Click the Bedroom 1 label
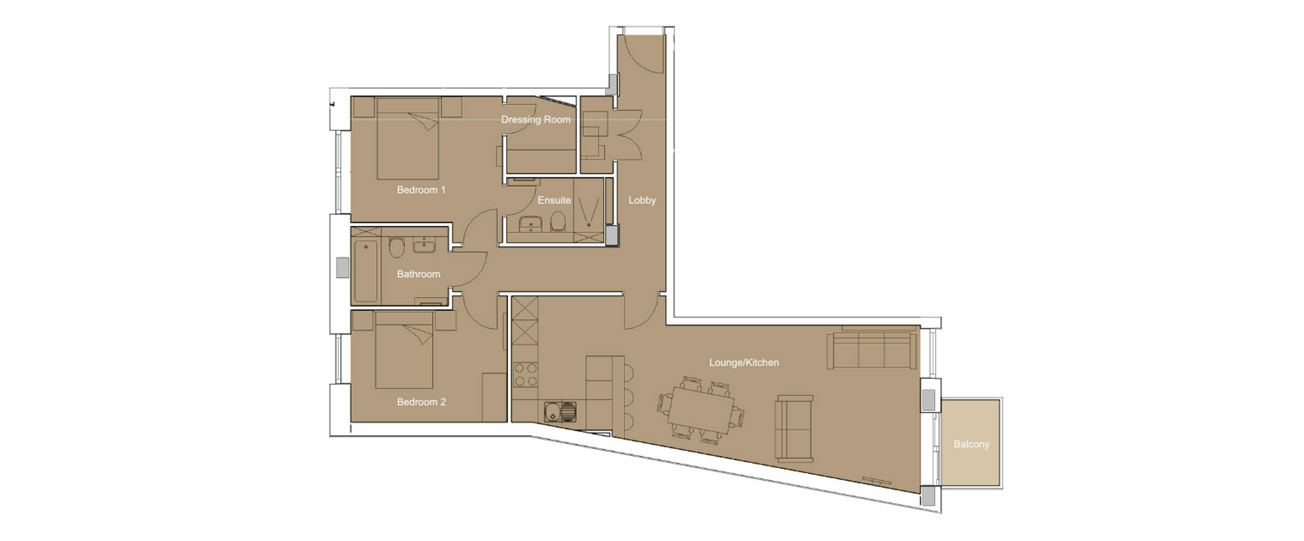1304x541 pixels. pyautogui.click(x=421, y=190)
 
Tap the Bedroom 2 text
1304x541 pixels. pyautogui.click(x=421, y=402)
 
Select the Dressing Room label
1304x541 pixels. pyautogui.click(x=536, y=120)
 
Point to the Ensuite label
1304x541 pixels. pyautogui.click(x=554, y=200)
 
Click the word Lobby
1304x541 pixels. pyautogui.click(x=642, y=200)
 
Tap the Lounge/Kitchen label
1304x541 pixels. pyautogui.click(x=744, y=363)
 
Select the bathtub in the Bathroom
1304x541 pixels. pyautogui.click(x=365, y=271)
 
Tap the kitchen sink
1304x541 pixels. pyautogui.click(x=560, y=411)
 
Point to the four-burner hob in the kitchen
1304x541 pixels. pyautogui.click(x=525, y=375)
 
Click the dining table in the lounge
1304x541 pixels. pyautogui.click(x=700, y=409)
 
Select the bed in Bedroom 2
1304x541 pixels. pyautogui.click(x=404, y=350)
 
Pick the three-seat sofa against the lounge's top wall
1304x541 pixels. pyautogui.click(x=871, y=350)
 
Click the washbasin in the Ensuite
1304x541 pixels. pyautogui.click(x=530, y=223)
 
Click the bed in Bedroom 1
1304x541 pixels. pyautogui.click(x=407, y=138)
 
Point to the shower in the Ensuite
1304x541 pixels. pyautogui.click(x=589, y=210)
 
